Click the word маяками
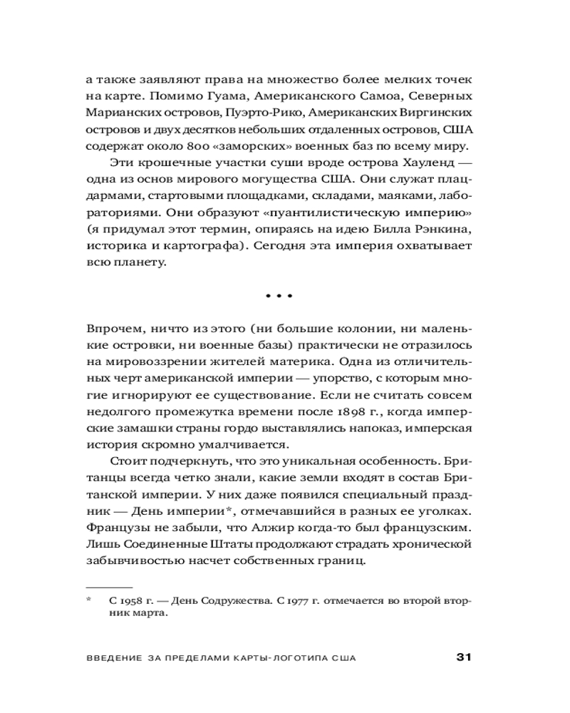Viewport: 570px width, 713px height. pyautogui.click(x=405, y=198)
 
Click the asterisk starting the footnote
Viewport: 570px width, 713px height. pyautogui.click(x=90, y=601)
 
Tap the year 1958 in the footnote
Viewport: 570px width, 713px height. pyautogui.click(x=129, y=602)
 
